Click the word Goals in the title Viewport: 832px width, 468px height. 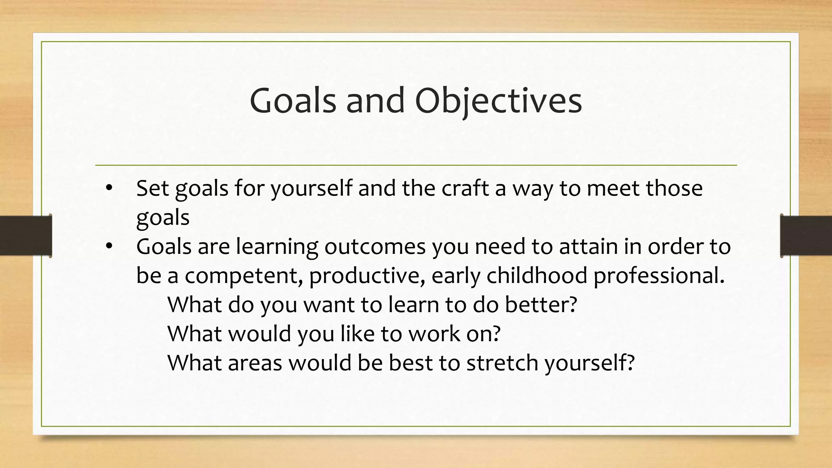tap(293, 101)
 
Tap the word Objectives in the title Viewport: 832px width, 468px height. tap(498, 101)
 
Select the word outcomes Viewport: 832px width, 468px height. tap(375, 247)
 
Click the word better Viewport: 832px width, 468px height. tap(541, 305)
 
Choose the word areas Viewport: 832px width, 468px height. tap(255, 363)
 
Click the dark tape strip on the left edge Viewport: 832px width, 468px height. tap(26, 236)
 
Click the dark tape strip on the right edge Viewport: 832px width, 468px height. tap(806, 236)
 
